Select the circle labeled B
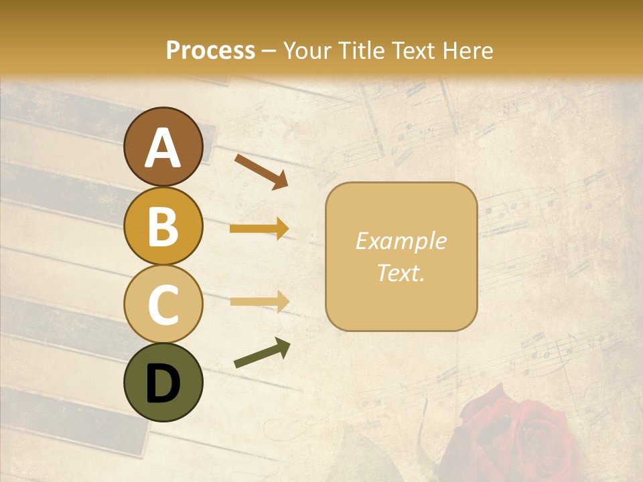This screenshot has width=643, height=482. point(163,226)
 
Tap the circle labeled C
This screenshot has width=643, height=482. point(163,304)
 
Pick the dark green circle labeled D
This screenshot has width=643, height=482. point(163,382)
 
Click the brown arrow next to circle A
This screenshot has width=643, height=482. point(261,171)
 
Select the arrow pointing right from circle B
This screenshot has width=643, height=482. point(259,229)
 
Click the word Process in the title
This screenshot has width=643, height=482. point(210,50)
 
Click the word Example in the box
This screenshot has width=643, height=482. point(401,241)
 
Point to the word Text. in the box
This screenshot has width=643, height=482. point(401,272)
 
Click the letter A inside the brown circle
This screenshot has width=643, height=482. point(163,148)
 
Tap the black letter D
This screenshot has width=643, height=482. point(163,384)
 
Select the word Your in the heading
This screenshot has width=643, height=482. point(305,50)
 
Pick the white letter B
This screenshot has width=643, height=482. point(163,226)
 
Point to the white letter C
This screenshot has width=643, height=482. point(163,305)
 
